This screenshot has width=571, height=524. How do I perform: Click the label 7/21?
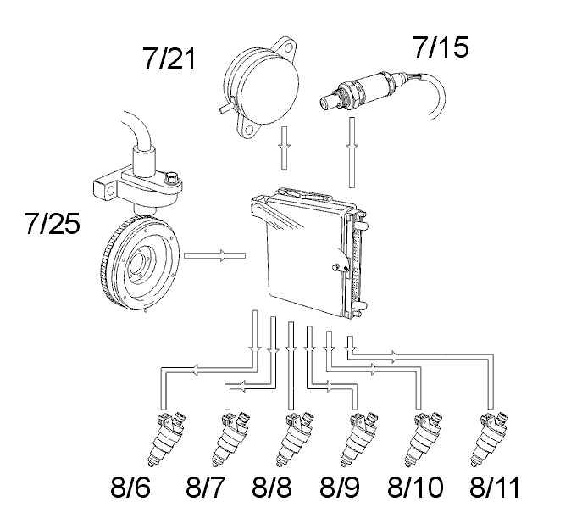(x=169, y=59)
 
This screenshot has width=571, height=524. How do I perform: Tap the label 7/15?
(x=441, y=47)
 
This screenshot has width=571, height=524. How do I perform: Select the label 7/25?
(x=52, y=223)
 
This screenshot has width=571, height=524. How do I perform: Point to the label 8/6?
(x=130, y=487)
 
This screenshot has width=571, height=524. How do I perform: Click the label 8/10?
(x=415, y=487)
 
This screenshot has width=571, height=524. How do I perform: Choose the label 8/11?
(x=495, y=487)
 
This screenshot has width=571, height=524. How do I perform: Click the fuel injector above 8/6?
(x=166, y=438)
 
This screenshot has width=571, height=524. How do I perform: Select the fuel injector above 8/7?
(x=230, y=438)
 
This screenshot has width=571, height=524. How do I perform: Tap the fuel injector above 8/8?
(x=295, y=438)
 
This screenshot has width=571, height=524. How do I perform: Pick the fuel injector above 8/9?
(x=358, y=438)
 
